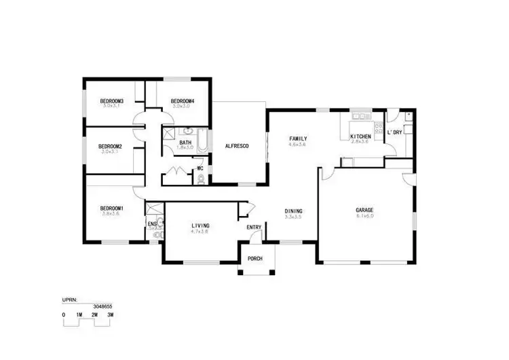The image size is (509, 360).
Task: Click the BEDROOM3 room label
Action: (112, 101)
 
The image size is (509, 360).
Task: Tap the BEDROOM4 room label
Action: (183, 101)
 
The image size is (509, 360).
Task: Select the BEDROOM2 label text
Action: (110, 146)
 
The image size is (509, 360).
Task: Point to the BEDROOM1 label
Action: (111, 208)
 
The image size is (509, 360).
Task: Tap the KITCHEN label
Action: (360, 137)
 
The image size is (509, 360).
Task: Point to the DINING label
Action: (293, 211)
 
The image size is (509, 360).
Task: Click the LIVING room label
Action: (200, 225)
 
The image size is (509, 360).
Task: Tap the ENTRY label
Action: (254, 227)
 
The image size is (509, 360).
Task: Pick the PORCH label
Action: (256, 259)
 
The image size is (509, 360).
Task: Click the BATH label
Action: (185, 142)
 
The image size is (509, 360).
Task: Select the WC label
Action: (200, 168)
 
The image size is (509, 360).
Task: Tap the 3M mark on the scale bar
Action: (110, 315)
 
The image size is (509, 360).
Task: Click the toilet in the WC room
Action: (200, 179)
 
